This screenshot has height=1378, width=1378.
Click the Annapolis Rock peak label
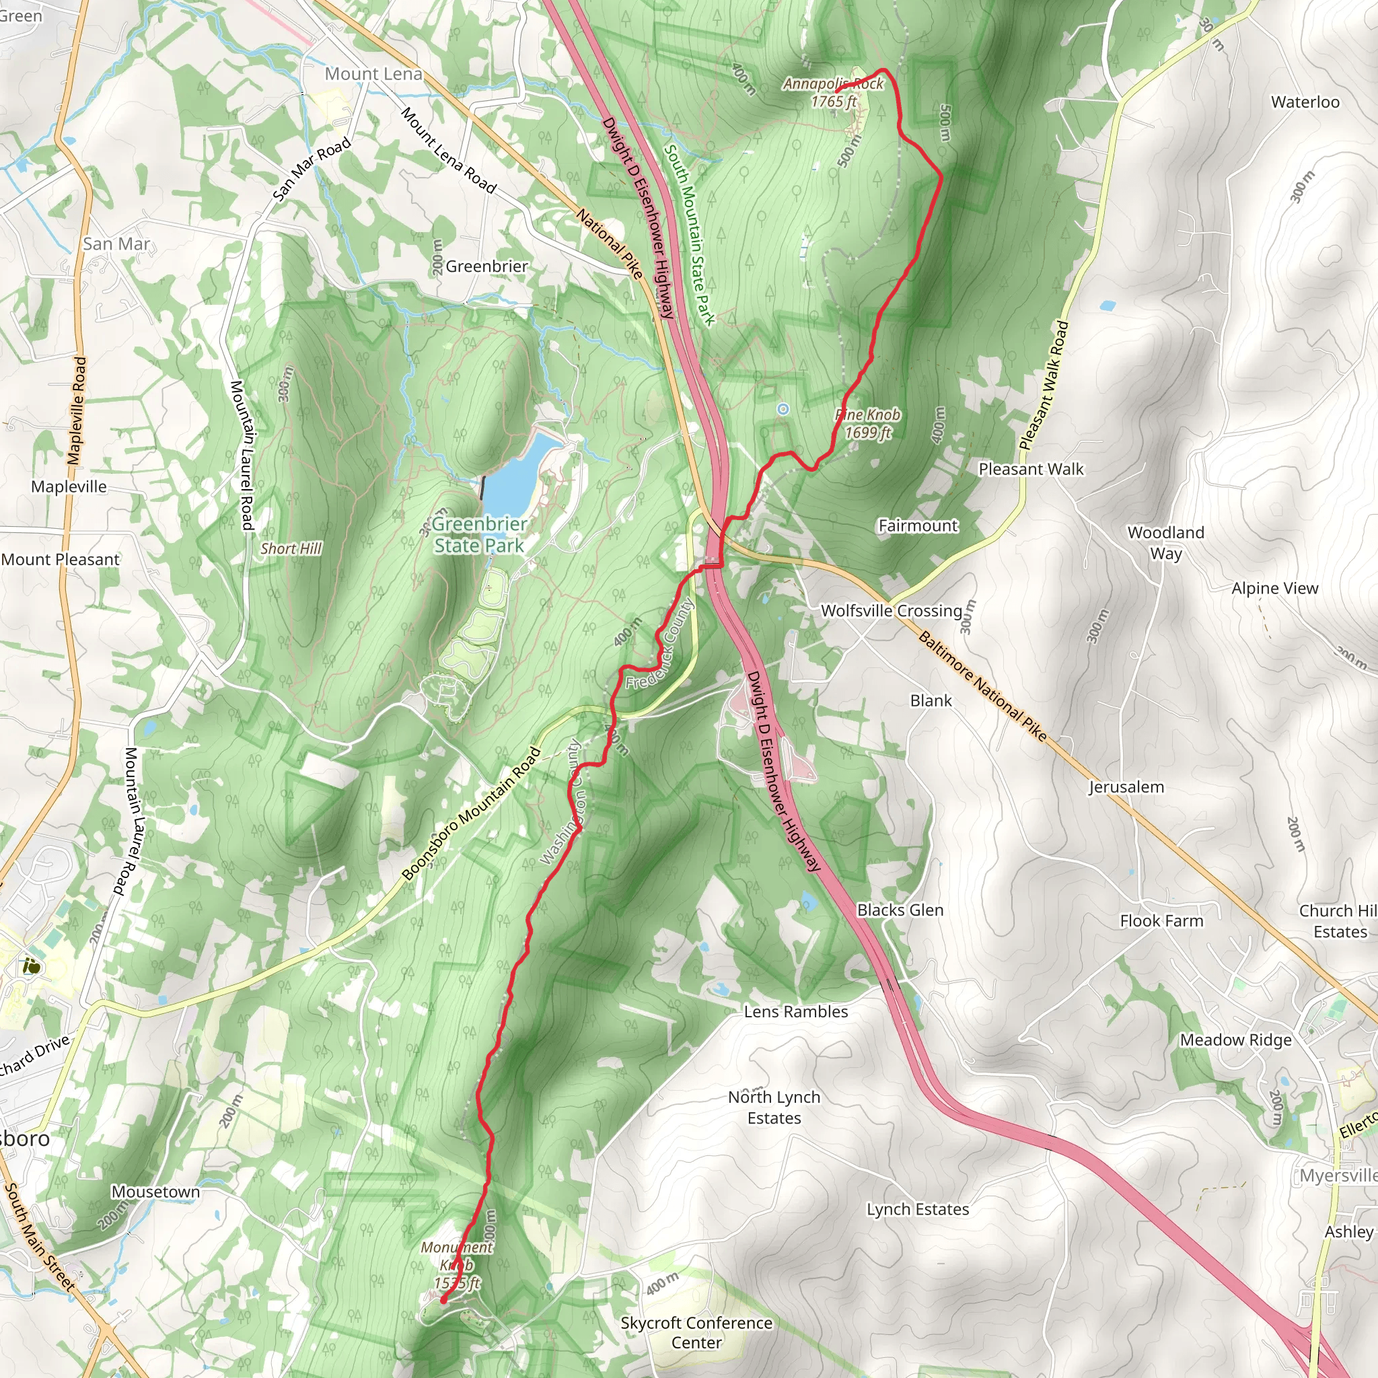tap(833, 92)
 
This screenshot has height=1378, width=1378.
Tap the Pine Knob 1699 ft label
tap(868, 424)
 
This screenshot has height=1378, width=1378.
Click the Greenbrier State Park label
tap(479, 535)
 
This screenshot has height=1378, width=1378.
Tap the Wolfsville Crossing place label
tap(892, 610)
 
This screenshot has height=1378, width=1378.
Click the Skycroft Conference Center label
tap(696, 1332)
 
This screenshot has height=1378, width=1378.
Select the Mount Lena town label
tap(373, 73)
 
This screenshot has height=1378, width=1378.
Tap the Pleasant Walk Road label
tap(1044, 386)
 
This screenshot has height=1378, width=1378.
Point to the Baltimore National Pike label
tap(983, 686)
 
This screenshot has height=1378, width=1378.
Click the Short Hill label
tap(290, 548)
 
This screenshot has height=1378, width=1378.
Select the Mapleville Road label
tap(77, 412)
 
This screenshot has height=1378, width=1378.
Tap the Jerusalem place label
tap(1126, 787)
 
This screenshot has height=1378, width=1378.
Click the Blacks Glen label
tap(900, 910)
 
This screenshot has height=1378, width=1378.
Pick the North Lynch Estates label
tap(774, 1107)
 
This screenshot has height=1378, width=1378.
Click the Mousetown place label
tap(155, 1192)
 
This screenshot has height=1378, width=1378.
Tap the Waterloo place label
tap(1305, 102)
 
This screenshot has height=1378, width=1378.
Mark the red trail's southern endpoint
tap(443, 1300)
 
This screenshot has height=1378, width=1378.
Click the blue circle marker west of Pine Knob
tap(783, 408)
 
